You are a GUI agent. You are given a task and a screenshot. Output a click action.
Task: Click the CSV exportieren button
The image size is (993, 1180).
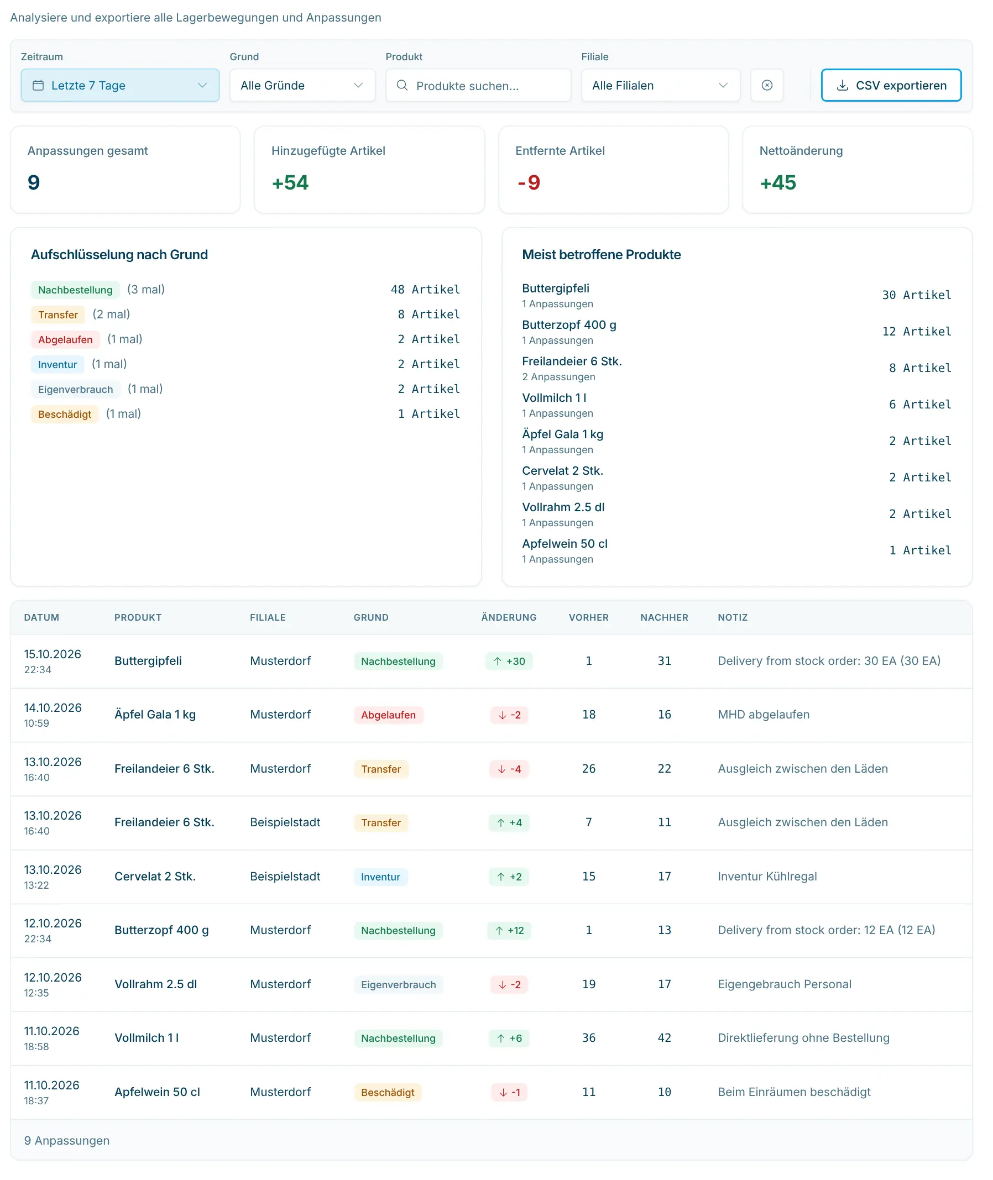point(891,86)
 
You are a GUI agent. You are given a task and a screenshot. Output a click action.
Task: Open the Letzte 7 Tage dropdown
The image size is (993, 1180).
point(120,86)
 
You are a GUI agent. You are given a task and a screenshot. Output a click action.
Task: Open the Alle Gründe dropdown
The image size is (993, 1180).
point(302,86)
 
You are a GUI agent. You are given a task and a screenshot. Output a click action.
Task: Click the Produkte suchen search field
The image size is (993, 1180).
point(478,86)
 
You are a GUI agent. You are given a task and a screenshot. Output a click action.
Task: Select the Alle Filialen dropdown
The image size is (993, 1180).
point(660,86)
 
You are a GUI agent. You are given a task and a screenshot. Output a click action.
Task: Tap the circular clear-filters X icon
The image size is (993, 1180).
point(767,86)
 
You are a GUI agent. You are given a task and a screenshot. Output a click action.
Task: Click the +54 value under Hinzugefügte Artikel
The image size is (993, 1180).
point(290,183)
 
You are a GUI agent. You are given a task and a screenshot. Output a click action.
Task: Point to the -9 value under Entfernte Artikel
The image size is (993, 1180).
point(529,183)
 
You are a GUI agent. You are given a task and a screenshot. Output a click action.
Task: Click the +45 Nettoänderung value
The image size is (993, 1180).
point(778,183)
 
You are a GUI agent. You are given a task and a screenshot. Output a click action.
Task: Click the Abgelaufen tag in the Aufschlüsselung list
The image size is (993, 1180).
point(65,340)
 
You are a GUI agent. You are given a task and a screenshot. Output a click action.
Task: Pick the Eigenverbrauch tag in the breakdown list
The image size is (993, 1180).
point(75,390)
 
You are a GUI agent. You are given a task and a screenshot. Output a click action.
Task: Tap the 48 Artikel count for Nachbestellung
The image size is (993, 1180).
point(425,290)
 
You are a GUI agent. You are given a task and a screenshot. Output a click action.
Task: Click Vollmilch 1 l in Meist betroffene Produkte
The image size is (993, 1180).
point(555,398)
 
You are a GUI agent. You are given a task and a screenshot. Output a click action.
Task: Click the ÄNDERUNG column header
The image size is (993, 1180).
point(509,617)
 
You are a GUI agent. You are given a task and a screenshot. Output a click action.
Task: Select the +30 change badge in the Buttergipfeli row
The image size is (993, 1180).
point(509,661)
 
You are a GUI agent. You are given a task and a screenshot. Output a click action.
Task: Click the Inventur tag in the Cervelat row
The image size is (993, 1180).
point(380,877)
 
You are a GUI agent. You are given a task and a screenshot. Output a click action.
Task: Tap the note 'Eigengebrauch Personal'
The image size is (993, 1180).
point(784,984)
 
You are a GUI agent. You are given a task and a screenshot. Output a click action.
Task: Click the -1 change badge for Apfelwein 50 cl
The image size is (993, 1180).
point(509,1092)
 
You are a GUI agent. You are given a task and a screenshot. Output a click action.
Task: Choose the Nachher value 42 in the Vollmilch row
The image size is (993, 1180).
point(664,1037)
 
